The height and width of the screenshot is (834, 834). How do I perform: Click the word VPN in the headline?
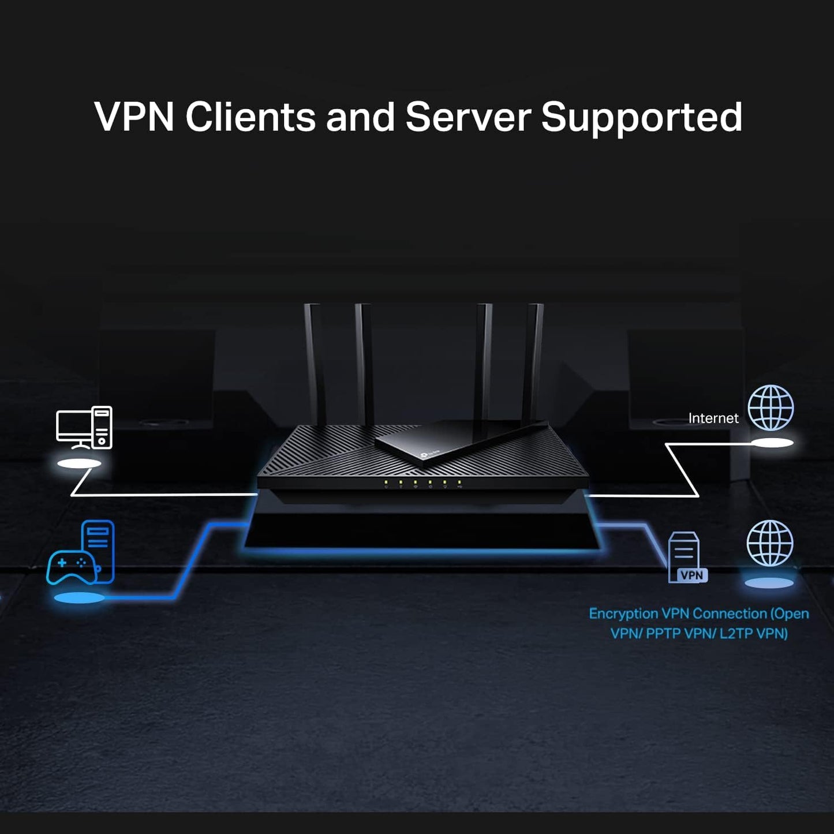pyautogui.click(x=134, y=117)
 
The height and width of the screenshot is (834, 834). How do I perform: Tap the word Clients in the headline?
pyautogui.click(x=250, y=117)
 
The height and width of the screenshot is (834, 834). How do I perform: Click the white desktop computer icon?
pyautogui.click(x=84, y=428)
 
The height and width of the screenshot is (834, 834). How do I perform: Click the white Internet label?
pyautogui.click(x=713, y=418)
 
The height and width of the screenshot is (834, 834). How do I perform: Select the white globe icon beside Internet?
pyautogui.click(x=771, y=408)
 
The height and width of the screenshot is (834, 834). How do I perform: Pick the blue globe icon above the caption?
pyautogui.click(x=769, y=544)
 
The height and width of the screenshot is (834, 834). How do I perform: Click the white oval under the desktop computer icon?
pyautogui.click(x=79, y=463)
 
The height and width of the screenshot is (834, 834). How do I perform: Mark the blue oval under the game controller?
pyautogui.click(x=79, y=598)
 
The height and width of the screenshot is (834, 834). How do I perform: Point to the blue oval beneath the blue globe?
pyautogui.click(x=769, y=583)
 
